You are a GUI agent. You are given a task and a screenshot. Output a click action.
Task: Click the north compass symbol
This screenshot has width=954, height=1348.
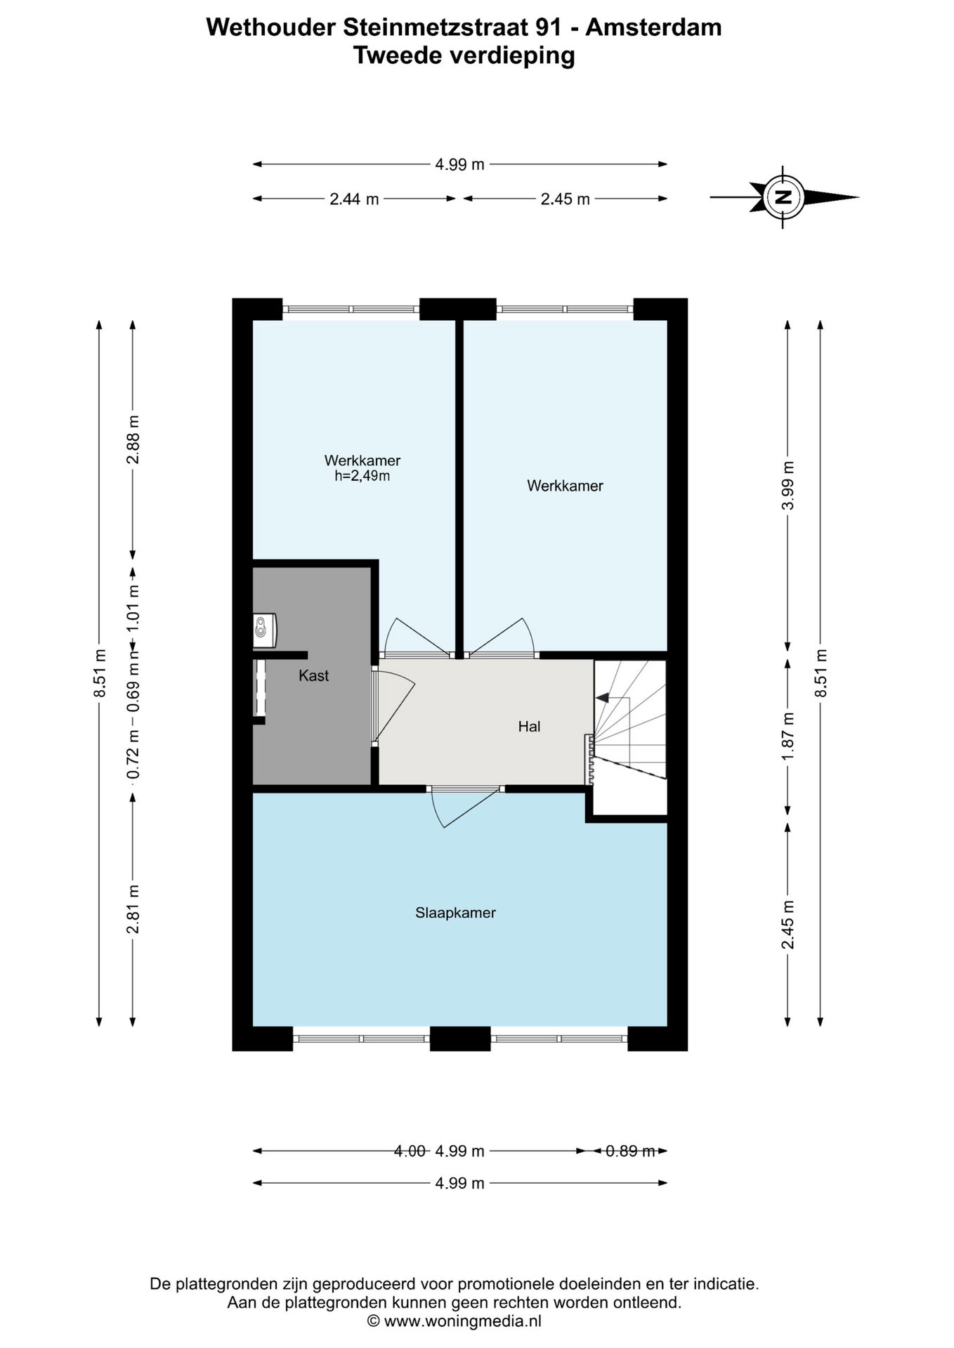(x=784, y=197)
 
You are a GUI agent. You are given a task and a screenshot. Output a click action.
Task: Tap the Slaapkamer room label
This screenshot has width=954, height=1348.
(x=455, y=913)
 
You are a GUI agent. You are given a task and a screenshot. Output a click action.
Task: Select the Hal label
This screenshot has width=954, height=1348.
(x=529, y=727)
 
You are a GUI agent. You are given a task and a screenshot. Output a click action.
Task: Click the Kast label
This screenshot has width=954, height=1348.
(x=313, y=675)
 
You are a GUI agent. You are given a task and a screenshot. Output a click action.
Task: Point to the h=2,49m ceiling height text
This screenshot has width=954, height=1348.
(x=362, y=476)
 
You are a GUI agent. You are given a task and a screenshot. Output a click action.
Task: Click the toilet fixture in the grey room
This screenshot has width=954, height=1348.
(x=265, y=630)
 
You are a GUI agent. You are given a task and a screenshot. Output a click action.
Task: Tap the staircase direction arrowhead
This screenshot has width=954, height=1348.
(x=601, y=697)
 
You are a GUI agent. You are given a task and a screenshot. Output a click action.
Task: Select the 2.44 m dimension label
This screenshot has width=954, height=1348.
(x=354, y=199)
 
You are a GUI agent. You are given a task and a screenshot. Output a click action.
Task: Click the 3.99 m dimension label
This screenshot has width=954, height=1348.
(x=788, y=486)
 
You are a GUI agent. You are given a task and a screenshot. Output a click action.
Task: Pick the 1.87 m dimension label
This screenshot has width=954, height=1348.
(x=788, y=736)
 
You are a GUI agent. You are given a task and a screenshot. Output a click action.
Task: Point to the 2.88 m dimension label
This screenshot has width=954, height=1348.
(x=133, y=440)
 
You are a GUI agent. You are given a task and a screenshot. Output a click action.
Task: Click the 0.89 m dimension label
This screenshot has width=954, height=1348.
(x=630, y=1151)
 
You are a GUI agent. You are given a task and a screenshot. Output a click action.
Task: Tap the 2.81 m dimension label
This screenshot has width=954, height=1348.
(x=133, y=909)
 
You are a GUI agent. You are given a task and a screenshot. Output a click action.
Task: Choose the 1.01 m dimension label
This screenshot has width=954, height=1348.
(x=133, y=608)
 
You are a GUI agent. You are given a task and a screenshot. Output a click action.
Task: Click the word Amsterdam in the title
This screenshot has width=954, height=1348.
(x=653, y=27)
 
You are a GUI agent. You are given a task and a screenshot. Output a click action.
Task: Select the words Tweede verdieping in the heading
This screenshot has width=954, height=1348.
(x=464, y=55)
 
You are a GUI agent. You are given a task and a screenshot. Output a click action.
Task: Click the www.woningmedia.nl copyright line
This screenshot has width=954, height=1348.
(x=455, y=1321)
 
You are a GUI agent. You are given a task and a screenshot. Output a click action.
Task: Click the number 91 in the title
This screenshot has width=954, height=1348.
(x=548, y=27)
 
